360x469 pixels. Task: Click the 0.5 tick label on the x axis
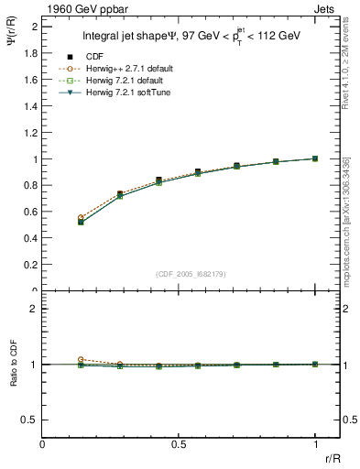(x=179, y=443)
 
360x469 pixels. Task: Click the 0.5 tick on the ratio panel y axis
(x=32, y=420)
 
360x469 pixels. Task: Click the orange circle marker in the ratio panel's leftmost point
(x=82, y=360)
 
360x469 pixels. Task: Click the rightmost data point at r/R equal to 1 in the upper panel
(x=315, y=158)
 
